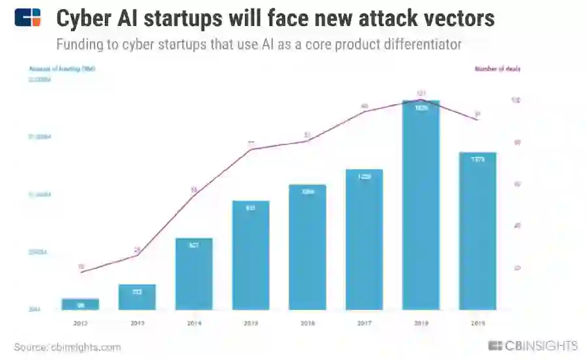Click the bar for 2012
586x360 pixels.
[x=80, y=304]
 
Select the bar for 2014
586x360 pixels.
[x=194, y=273]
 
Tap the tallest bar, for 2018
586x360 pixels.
[x=421, y=205]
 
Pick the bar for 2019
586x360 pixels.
[x=478, y=231]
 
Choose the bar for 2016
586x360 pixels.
[x=307, y=247]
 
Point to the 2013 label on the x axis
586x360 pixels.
[x=137, y=322]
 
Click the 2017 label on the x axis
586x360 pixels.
[x=364, y=322]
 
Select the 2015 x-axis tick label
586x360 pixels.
[x=251, y=322]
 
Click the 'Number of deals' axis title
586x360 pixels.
[x=497, y=68]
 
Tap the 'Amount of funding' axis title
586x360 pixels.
[x=62, y=68]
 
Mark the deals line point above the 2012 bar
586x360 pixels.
[x=80, y=271]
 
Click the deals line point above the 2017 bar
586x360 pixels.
[x=364, y=111]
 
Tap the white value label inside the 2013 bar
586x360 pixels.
[x=137, y=292]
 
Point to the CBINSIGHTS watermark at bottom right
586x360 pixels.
[x=533, y=346]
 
